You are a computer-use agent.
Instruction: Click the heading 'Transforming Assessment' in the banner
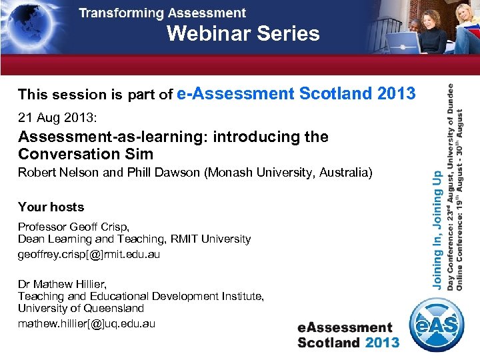click(162, 13)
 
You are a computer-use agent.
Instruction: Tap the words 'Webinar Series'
click(243, 33)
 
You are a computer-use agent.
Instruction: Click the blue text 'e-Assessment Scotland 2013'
click(297, 94)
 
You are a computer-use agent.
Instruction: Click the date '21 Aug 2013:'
click(57, 118)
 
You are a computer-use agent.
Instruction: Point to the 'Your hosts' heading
click(51, 207)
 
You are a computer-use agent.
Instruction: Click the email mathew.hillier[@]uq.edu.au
click(87, 323)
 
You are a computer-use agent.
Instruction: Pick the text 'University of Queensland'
click(81, 309)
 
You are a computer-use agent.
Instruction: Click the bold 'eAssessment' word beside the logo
click(345, 327)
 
